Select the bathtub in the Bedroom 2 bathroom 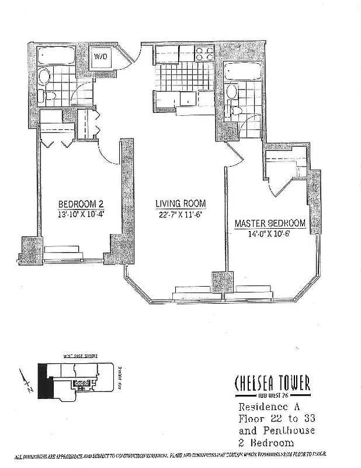(x=56, y=56)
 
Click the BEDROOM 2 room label (x=81, y=204)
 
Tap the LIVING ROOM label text (x=180, y=204)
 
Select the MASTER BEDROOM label (x=270, y=223)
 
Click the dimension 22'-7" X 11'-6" (x=180, y=214)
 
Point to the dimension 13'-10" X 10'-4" (x=81, y=214)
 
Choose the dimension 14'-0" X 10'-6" (x=270, y=233)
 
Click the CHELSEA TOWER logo (x=272, y=383)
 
